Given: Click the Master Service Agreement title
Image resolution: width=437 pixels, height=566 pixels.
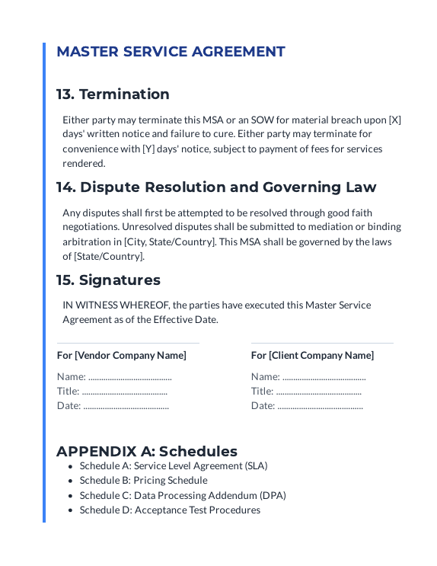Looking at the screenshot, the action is pyautogui.click(x=171, y=52).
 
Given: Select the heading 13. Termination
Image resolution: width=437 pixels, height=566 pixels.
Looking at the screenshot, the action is pyautogui.click(x=113, y=94).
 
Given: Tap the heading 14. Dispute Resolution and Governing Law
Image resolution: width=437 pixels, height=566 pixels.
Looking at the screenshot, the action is pyautogui.click(x=216, y=187).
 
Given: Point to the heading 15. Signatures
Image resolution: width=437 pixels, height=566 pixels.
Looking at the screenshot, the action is pyautogui.click(x=108, y=280).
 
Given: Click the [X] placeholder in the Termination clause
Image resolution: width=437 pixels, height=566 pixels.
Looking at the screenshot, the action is pyautogui.click(x=394, y=120).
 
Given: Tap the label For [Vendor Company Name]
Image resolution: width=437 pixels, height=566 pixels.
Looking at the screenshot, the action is pyautogui.click(x=121, y=355).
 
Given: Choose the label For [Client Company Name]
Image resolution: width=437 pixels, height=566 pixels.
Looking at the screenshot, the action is pyautogui.click(x=312, y=355).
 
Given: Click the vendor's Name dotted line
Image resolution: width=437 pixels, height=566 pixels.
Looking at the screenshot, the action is pyautogui.click(x=129, y=377).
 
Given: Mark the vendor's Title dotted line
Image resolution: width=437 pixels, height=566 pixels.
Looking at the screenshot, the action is pyautogui.click(x=125, y=392).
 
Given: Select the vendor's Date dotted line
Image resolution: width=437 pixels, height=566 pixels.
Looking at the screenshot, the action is pyautogui.click(x=126, y=406).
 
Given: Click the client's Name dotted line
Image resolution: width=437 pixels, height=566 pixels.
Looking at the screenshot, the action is pyautogui.click(x=324, y=377).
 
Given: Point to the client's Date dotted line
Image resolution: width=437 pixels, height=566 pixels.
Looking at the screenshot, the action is pyautogui.click(x=320, y=406).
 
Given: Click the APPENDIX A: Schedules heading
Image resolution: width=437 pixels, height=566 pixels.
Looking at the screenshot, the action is pyautogui.click(x=147, y=451).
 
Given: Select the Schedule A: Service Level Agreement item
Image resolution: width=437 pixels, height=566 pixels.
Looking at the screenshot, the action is pyautogui.click(x=174, y=465).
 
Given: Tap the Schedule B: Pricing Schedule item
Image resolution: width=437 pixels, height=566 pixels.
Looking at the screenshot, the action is pyautogui.click(x=143, y=481).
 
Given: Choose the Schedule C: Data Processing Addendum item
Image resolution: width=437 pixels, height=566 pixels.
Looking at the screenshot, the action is pyautogui.click(x=183, y=495).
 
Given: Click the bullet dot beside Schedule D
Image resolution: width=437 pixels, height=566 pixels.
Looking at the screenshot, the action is pyautogui.click(x=71, y=510).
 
